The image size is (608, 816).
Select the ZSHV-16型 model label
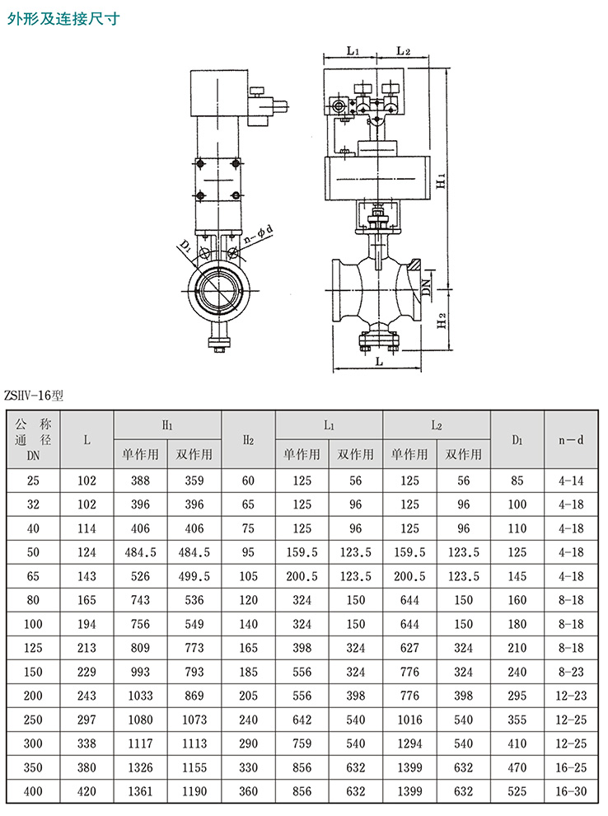pos(34,395)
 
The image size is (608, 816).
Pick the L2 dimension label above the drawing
pos(403,51)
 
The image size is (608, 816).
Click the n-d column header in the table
pos(571,440)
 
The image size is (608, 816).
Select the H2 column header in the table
pos(248,440)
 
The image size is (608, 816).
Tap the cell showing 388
pos(140,480)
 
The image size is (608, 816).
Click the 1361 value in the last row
pos(140,791)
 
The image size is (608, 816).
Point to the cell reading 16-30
pos(571,791)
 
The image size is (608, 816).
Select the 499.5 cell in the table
pos(194,576)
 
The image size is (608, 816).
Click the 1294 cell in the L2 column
pos(409,743)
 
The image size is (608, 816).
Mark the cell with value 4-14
pos(571,480)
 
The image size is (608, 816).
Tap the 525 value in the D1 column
pos(517,791)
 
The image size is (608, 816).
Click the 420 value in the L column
pos(87,791)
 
